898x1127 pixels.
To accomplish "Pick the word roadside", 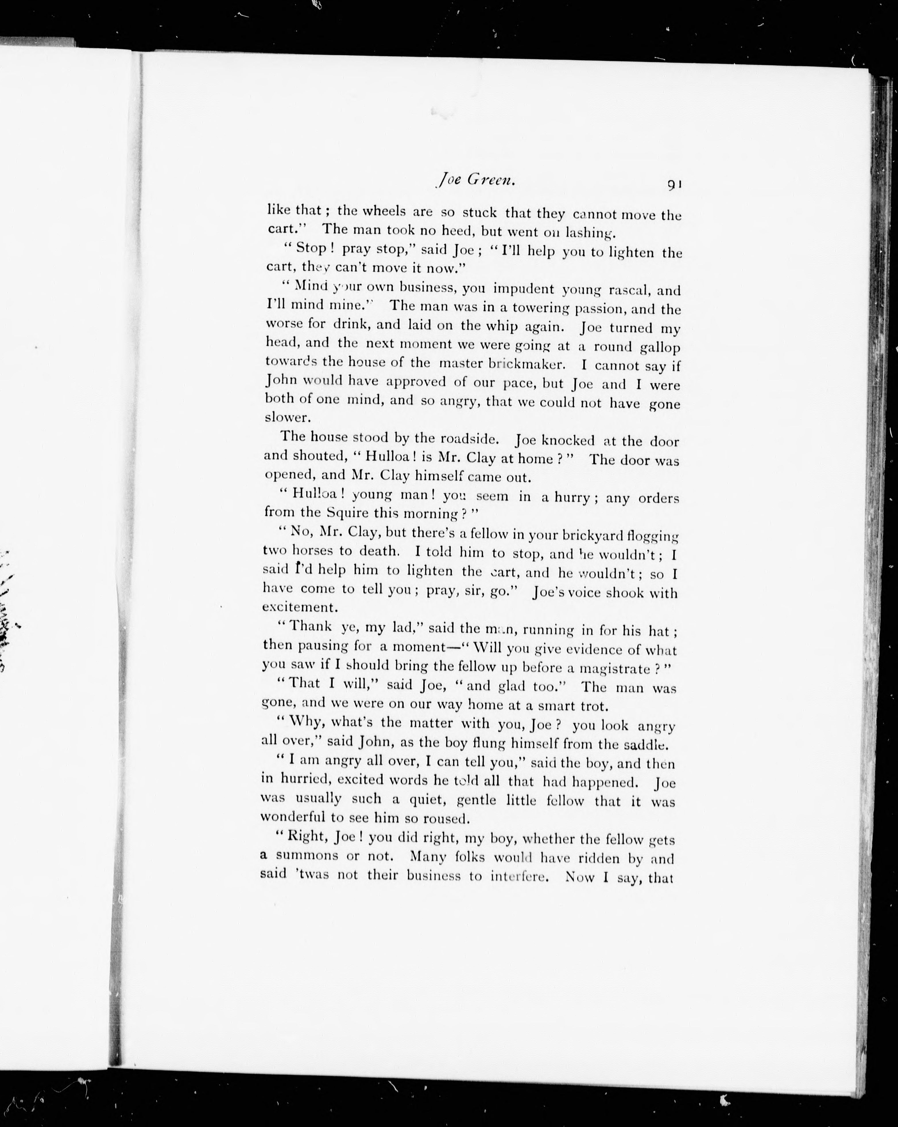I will tap(452, 439).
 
